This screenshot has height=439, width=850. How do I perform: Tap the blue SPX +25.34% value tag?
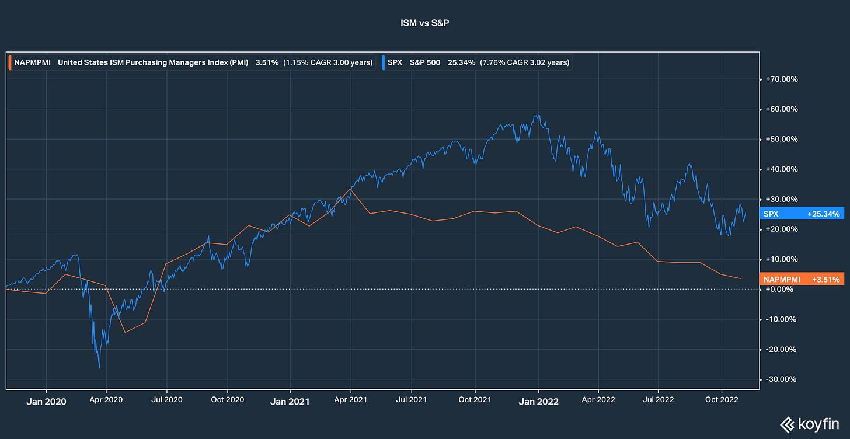click(803, 214)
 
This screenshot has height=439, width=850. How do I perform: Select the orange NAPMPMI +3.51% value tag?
click(803, 280)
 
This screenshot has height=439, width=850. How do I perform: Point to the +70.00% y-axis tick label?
click(781, 79)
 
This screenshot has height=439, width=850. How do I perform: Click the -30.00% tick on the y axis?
click(781, 379)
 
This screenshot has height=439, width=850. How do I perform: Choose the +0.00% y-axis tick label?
click(781, 290)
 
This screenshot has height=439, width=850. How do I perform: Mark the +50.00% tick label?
click(781, 139)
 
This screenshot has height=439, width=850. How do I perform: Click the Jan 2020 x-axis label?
click(46, 402)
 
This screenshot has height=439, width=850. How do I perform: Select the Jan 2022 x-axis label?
click(539, 402)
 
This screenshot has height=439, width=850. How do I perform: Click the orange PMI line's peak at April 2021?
click(351, 189)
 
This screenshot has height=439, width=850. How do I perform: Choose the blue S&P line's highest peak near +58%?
click(537, 116)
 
